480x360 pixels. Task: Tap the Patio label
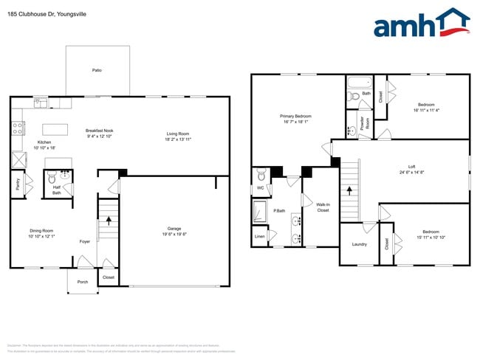(x=97, y=70)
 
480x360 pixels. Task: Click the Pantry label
(x=17, y=185)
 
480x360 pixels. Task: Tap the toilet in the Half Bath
(x=52, y=178)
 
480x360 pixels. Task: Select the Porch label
(x=83, y=282)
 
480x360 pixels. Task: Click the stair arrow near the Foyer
(x=109, y=219)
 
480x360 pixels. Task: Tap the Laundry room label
(x=359, y=244)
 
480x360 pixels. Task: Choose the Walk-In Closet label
(x=323, y=207)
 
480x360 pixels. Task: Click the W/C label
(x=260, y=188)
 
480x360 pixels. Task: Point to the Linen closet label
(x=259, y=237)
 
